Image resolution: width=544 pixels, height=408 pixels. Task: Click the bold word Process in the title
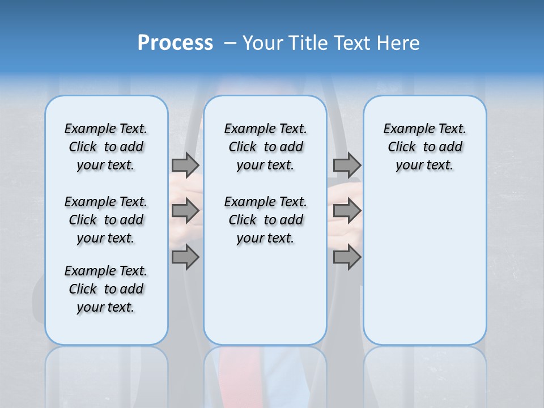pos(175,43)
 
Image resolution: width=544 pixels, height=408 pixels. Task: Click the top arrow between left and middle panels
pos(185,165)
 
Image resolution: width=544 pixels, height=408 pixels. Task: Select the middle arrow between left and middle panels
pos(185,211)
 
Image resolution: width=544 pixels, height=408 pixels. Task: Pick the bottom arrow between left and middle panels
pos(185,257)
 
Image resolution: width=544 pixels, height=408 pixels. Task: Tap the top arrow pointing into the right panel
pos(347,165)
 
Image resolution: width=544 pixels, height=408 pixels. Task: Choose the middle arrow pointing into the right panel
pos(347,211)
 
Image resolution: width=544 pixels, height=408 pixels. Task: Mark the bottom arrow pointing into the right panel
pos(347,257)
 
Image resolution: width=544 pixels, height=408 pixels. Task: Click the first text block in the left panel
pos(106,147)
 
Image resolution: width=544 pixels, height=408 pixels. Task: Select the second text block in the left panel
pos(106,220)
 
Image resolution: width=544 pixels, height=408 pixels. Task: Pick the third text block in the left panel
pos(106,289)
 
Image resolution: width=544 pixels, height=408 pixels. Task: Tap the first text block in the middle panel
pos(265,147)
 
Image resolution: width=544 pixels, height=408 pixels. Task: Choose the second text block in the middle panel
pos(265,220)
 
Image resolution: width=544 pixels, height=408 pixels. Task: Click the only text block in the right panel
pos(424,147)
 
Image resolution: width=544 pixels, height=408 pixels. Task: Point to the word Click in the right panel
pos(402,147)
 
